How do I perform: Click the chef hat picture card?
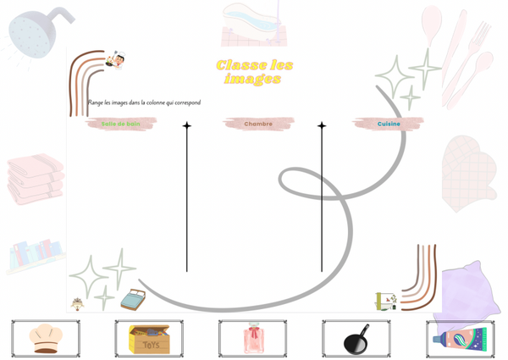46,338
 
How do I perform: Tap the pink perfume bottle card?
252,339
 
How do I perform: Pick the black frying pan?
356,340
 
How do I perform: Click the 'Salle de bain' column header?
121,124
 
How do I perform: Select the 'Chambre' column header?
258,124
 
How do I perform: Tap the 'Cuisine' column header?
389,124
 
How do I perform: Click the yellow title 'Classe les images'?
254,71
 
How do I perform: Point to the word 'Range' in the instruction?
96,102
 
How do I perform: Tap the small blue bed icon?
133,299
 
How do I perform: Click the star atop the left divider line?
187,126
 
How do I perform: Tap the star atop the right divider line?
322,126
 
